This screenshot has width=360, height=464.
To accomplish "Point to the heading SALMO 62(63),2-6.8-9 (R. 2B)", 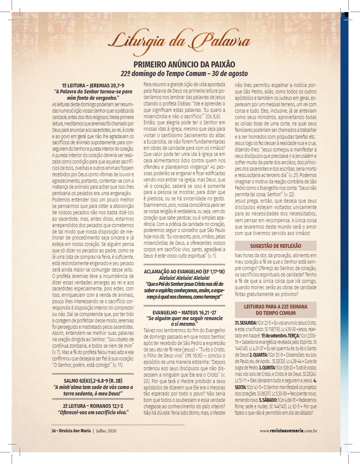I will (x=93, y=381).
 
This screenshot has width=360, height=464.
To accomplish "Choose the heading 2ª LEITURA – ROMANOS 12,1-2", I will (x=93, y=406).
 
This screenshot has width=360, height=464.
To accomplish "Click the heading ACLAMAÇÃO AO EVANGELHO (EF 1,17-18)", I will (x=184, y=272).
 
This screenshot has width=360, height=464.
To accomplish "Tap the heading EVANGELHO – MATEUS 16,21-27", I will (x=184, y=313).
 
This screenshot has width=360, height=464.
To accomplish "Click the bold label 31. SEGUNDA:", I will (x=246, y=324).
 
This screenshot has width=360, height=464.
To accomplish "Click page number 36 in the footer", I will (x=54, y=430).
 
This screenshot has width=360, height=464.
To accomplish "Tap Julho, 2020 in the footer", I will (x=107, y=430).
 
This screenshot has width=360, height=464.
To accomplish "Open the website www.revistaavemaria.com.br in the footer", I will (x=288, y=430).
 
